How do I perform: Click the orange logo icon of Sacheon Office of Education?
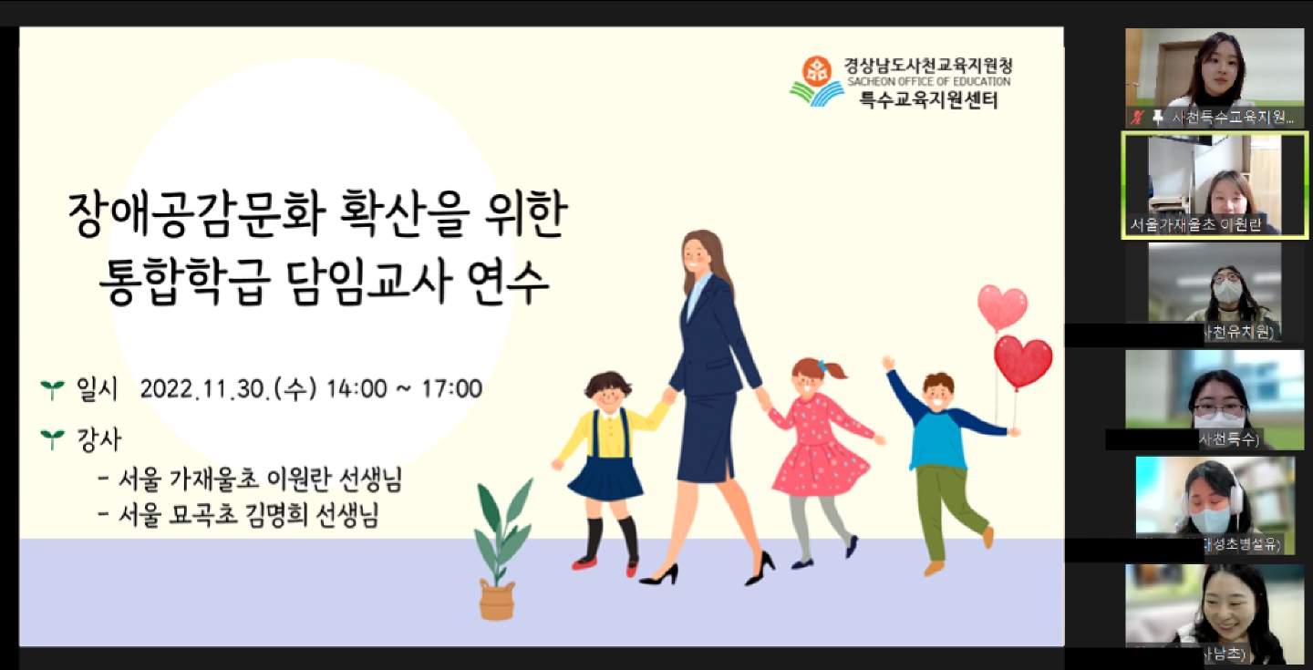(x=816, y=69)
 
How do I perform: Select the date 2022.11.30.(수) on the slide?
(x=226, y=389)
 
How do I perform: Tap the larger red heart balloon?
(x=1023, y=360)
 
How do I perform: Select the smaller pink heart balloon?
(x=1002, y=307)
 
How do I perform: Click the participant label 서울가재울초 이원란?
(x=1195, y=225)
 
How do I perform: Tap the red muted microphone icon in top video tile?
(x=1136, y=117)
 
